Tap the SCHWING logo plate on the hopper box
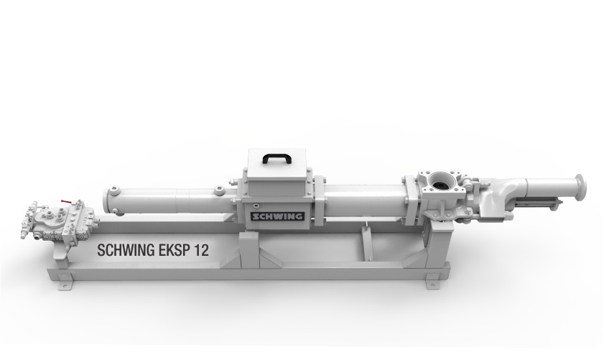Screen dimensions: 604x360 coord(277,216)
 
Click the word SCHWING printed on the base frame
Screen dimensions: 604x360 coord(126,250)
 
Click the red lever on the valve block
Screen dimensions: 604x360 coord(66,201)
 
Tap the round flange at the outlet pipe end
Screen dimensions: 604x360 coord(580,187)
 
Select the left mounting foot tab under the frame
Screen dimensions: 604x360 coord(65,285)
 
